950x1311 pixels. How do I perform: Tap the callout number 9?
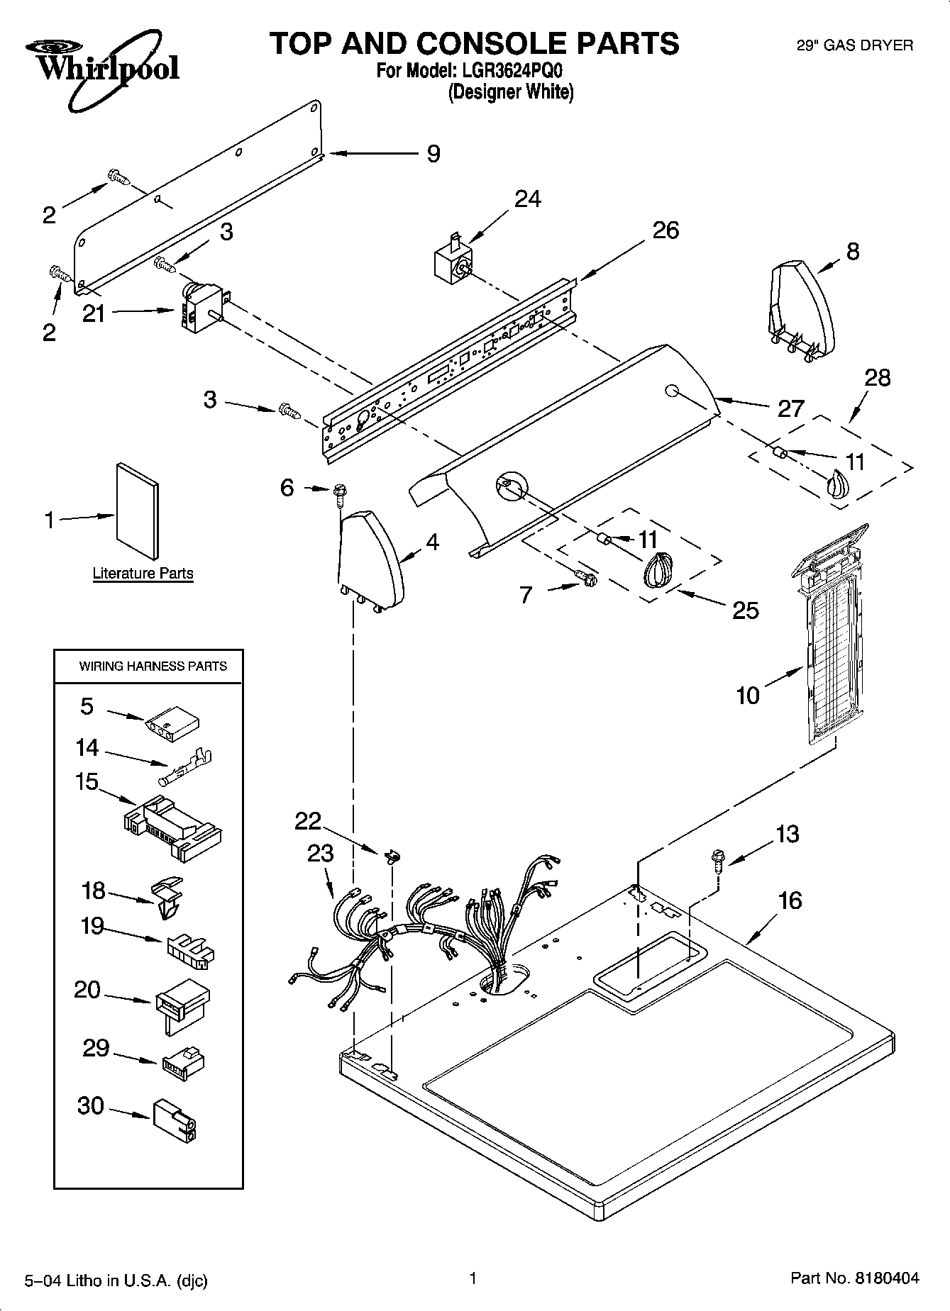433,154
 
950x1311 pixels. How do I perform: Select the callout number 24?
527,199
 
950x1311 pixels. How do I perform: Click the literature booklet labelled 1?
137,511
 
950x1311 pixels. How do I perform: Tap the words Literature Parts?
143,573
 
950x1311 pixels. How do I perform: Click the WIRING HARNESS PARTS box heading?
153,666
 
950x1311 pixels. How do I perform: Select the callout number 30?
91,1106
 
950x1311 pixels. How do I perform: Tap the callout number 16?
790,900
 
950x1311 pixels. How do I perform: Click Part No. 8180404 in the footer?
854,1278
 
